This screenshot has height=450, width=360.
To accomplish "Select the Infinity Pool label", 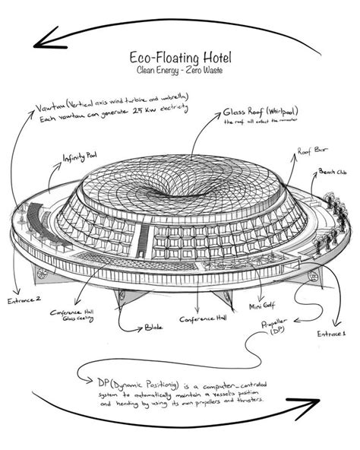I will point(80,157).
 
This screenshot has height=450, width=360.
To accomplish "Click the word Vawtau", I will point(49,106).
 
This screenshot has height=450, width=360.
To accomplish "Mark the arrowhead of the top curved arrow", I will point(47,36).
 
